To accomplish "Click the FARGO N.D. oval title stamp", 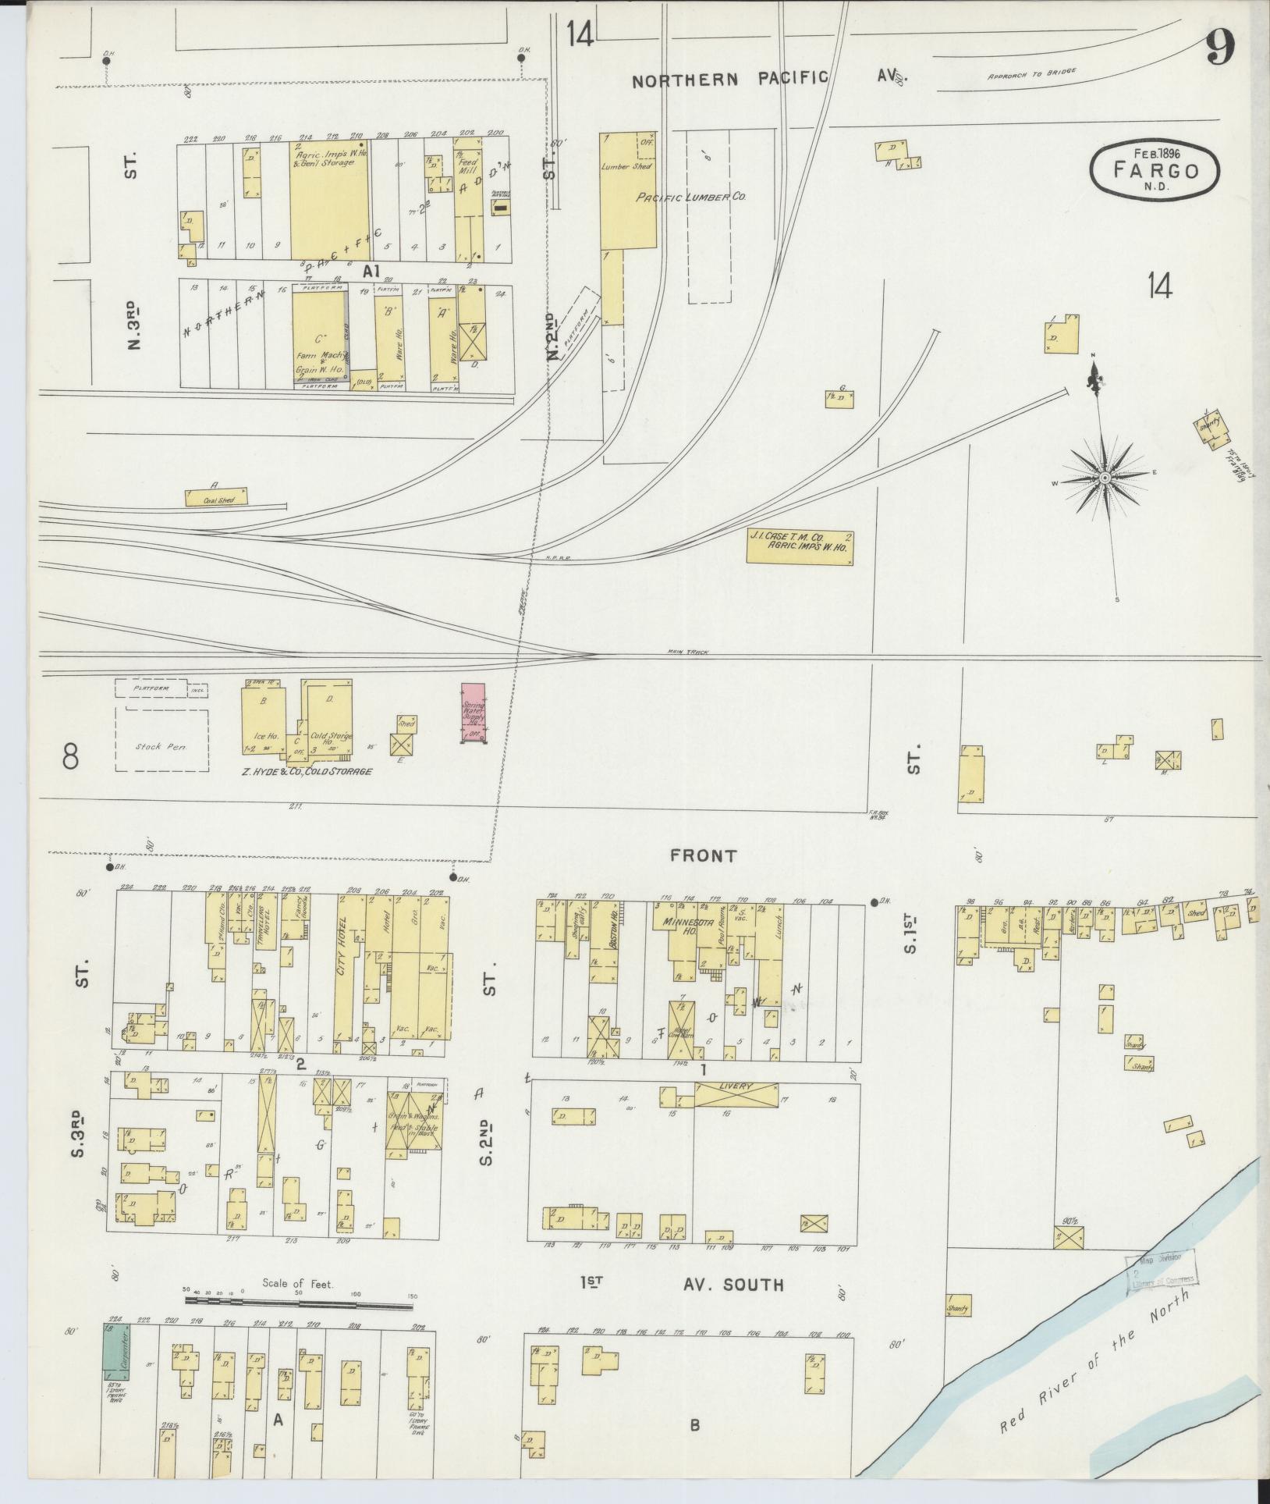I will [1155, 169].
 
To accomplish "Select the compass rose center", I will [1105, 477].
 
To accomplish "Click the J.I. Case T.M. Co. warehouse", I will [799, 547].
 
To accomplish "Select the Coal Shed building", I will [216, 496].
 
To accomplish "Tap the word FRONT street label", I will [703, 856].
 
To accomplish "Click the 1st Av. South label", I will [682, 1284].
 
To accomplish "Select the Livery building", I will [736, 1095].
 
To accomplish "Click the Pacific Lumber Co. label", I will [691, 197].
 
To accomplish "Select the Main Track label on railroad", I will [687, 652].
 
